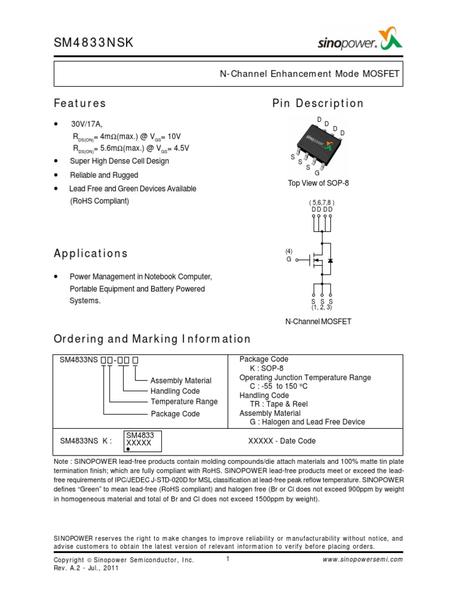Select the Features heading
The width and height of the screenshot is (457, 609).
pos(80,103)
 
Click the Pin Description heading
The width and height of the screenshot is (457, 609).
pos(318,103)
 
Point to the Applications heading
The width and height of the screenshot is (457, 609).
pos(91,254)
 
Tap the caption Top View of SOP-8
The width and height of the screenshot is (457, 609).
pos(318,183)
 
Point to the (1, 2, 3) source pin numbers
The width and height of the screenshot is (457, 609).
pos(321,307)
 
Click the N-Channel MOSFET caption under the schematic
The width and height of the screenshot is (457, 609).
pos(318,322)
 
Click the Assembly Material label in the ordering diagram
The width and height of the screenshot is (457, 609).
pos(181,381)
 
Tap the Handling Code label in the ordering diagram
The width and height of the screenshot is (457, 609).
pos(175,391)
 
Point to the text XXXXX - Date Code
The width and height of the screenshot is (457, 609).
pos(281,441)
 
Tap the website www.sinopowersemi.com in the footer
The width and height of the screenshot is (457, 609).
pos(363,560)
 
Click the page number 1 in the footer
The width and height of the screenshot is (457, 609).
pos(228,559)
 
